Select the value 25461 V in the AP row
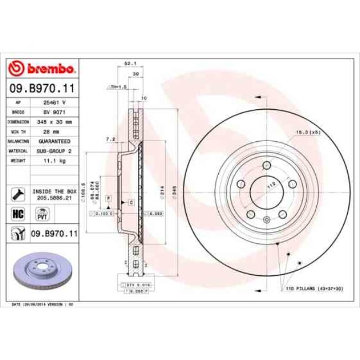click(54, 102)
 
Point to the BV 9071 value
click(54, 111)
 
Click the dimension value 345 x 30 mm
click(54, 121)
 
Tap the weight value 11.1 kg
click(54, 161)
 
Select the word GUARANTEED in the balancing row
click(54, 141)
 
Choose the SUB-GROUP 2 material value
click(54, 150)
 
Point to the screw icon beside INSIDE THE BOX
click(17, 193)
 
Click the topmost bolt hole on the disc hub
click(266, 165)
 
